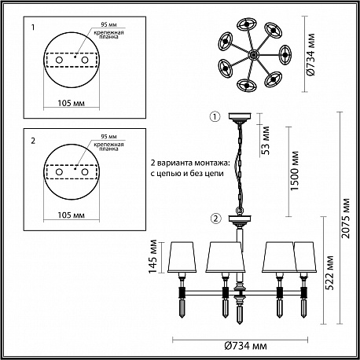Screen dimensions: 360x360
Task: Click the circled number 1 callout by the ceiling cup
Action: click(215, 117)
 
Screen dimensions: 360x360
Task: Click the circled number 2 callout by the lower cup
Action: click(215, 219)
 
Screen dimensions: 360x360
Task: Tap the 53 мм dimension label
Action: click(266, 141)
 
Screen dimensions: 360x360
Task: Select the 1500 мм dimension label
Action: click(295, 171)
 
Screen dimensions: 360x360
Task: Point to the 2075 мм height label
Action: click(346, 219)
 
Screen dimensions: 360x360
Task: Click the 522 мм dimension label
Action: click(330, 273)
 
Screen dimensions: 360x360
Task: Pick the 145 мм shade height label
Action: click(152, 256)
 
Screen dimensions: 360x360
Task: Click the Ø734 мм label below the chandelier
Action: click(246, 346)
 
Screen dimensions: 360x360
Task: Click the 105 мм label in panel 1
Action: click(72, 103)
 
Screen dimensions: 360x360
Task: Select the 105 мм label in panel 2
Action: click(72, 215)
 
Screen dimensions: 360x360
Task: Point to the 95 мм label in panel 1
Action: click(108, 24)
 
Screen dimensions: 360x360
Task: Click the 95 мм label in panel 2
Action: click(108, 137)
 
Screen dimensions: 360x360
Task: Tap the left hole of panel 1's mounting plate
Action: click(59, 60)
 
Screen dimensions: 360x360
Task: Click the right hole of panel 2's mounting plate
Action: click(85, 172)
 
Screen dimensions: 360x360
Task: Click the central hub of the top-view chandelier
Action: click(253, 55)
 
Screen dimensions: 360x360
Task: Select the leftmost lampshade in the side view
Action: click(182, 257)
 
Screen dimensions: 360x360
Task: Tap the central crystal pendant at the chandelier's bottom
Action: click(239, 312)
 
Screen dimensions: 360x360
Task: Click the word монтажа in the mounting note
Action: click(211, 163)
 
